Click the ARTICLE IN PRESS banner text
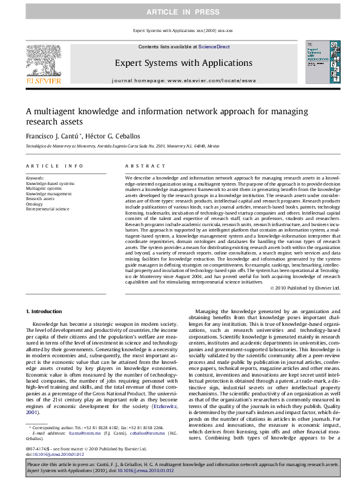point(180,12)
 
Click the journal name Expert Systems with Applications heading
point(179,62)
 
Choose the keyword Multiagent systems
point(44,188)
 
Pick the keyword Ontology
point(34,203)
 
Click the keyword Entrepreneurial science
point(47,209)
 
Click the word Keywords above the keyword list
point(35,178)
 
